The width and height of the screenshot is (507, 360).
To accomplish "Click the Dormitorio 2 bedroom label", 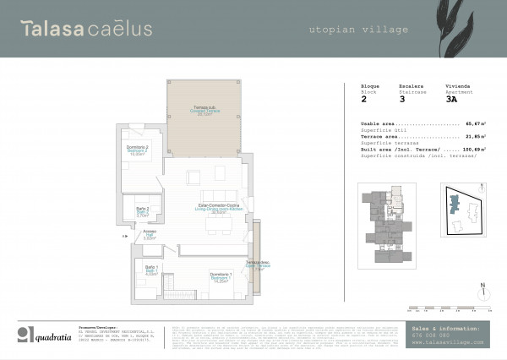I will click(x=137, y=150).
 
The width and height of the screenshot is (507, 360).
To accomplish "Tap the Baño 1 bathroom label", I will click(x=150, y=271).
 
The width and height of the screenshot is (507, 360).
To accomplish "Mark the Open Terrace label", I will click(x=257, y=265).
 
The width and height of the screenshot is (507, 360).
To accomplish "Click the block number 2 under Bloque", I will click(x=364, y=99).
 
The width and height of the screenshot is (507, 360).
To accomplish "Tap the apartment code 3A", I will click(x=452, y=99).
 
